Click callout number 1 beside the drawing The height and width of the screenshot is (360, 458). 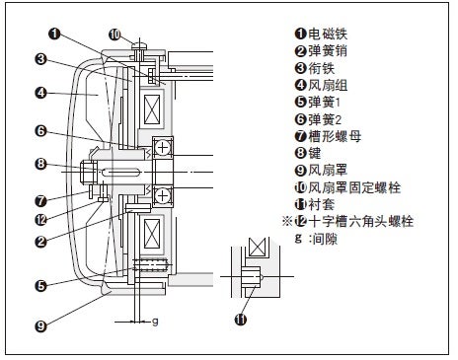point(54,34)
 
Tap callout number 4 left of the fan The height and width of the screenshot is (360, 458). point(40,93)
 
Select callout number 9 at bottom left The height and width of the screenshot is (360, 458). point(40,325)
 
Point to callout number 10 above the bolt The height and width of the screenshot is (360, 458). point(114,35)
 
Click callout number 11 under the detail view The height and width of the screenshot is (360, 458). point(241,319)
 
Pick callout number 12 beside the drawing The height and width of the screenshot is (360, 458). point(40,220)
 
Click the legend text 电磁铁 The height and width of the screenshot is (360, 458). point(328,34)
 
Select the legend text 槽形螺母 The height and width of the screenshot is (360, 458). point(335,136)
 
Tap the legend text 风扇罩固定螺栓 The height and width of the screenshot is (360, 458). point(354,187)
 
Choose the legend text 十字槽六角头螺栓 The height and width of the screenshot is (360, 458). point(361,221)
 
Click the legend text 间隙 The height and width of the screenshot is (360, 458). point(325,239)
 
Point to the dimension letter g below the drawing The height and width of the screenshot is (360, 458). point(155,322)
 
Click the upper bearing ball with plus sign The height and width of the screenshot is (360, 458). point(163,147)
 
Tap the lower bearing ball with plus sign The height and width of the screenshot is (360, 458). point(163,196)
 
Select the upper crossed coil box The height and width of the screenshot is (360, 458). point(152,109)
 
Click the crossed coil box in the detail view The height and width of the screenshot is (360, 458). point(258,247)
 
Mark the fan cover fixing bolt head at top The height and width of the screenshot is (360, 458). point(139,46)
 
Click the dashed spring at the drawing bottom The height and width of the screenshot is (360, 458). point(151,265)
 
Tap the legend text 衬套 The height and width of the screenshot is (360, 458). point(322,204)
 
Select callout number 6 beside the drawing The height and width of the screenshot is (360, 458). point(40,131)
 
